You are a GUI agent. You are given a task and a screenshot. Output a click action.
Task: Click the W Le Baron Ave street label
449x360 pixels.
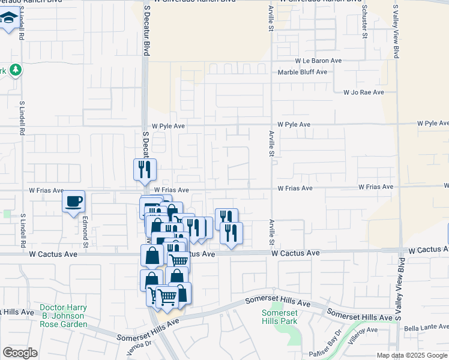point(318,61)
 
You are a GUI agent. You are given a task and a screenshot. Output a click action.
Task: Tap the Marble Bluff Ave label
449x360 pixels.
point(303,72)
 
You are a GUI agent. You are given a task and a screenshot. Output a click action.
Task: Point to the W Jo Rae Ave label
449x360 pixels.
point(363,92)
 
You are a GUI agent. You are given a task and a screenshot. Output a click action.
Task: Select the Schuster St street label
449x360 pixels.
point(364,21)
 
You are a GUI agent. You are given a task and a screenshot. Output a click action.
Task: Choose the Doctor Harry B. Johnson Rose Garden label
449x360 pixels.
point(64,316)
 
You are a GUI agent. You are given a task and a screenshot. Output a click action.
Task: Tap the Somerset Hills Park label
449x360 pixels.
point(279,317)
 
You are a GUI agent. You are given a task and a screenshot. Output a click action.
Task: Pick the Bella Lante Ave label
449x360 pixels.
point(426,326)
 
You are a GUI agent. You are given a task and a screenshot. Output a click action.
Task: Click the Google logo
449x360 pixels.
point(20,352)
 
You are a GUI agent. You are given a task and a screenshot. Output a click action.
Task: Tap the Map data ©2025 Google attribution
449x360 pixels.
point(412,355)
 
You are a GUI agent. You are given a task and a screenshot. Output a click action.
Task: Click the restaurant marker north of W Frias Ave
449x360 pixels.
point(145,169)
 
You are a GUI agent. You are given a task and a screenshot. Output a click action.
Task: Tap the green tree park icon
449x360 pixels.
point(15,70)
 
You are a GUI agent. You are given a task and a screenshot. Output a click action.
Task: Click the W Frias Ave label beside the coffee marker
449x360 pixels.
point(46,190)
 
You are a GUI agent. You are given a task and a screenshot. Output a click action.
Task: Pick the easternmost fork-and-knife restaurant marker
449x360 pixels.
point(231,233)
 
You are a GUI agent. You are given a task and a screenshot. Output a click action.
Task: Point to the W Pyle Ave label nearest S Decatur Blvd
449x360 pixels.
point(168,127)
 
